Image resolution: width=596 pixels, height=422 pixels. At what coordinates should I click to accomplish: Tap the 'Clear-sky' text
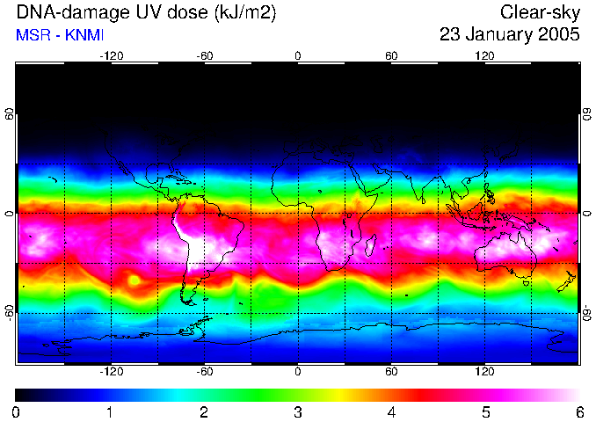click(540, 13)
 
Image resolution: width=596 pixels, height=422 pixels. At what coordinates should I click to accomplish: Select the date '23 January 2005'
click(510, 35)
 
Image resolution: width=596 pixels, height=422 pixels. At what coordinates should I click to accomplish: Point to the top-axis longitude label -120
click(111, 56)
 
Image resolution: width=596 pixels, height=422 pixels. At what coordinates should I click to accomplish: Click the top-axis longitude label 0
click(298, 56)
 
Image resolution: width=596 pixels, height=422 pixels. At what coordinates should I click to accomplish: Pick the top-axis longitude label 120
click(484, 56)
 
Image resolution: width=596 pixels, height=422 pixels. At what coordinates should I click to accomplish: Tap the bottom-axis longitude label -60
click(205, 372)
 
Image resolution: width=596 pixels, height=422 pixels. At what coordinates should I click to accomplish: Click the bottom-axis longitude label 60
click(391, 372)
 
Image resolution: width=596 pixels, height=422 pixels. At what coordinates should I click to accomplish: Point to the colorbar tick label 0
click(17, 411)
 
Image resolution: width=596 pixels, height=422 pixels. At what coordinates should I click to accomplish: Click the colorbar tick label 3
click(298, 411)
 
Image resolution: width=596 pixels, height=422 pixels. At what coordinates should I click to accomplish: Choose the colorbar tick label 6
click(578, 411)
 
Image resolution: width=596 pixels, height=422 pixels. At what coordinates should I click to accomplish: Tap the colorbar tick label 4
click(391, 411)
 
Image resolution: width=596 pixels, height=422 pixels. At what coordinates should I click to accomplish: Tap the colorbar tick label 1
click(110, 411)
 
